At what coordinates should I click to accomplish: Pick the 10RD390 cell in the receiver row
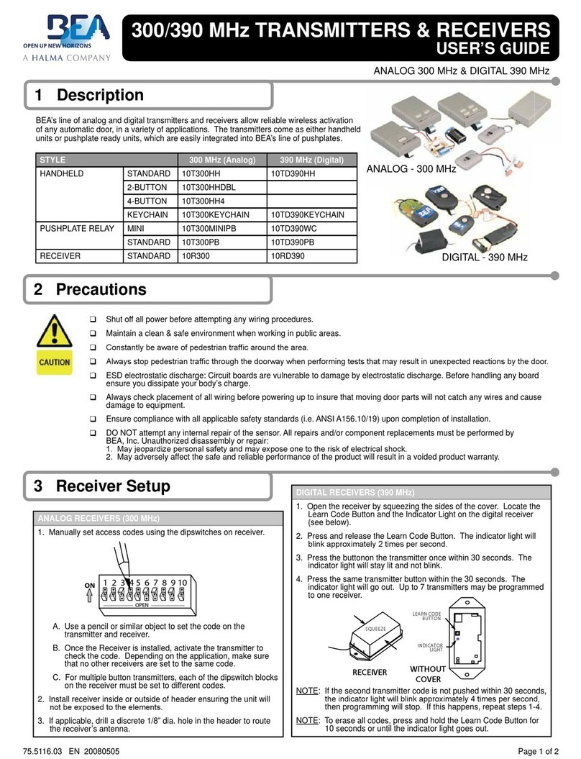(x=287, y=255)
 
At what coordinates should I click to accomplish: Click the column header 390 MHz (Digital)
(x=311, y=160)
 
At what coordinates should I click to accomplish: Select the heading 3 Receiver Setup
(x=102, y=486)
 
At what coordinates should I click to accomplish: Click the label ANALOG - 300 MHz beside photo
(x=412, y=169)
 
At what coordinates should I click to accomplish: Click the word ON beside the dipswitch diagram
(x=89, y=586)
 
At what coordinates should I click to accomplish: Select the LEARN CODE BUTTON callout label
(x=426, y=615)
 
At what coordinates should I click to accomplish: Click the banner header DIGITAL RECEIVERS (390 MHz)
(x=356, y=492)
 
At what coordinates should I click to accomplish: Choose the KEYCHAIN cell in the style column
(x=149, y=214)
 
